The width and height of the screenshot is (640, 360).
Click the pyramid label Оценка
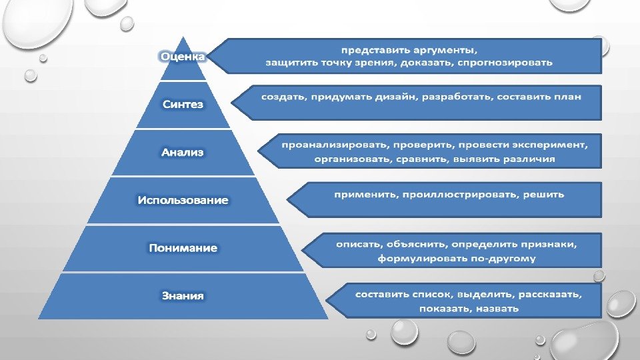pyautogui.click(x=182, y=57)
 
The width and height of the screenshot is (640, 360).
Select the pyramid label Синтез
pyautogui.click(x=183, y=105)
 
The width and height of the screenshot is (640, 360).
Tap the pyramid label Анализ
pyautogui.click(x=183, y=152)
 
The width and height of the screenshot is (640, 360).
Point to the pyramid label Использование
pyautogui.click(x=183, y=200)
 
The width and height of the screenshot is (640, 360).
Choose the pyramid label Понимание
pyautogui.click(x=183, y=248)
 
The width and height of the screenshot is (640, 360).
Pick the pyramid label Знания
pyautogui.click(x=183, y=295)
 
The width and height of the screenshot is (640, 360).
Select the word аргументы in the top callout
pyautogui.click(x=445, y=49)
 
